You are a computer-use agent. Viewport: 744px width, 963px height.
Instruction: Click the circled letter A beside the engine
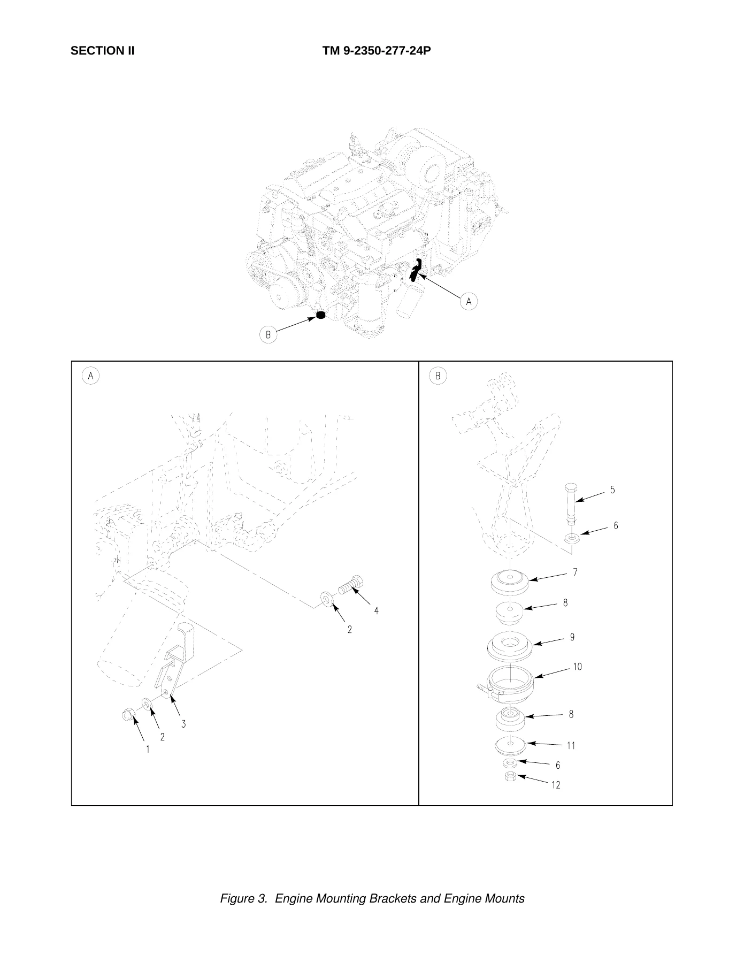pos(469,301)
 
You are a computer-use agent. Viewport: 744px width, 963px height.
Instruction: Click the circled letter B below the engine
pos(269,335)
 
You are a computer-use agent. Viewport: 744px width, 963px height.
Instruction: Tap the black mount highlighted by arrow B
pos(321,315)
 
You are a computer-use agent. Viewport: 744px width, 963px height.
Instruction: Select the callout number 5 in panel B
pos(612,490)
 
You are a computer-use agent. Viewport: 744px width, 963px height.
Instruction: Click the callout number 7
pos(575,572)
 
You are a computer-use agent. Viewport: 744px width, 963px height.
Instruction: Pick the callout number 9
pos(572,637)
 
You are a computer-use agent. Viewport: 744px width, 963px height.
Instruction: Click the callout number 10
pos(577,667)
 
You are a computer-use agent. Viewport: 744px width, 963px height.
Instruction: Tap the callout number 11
pos(571,745)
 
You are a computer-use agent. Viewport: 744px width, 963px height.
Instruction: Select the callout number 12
pos(556,785)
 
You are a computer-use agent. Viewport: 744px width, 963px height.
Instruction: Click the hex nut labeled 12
pos(510,777)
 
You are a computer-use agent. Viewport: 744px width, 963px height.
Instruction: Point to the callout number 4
pos(377,610)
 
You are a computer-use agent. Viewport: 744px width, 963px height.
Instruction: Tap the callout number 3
pos(183,724)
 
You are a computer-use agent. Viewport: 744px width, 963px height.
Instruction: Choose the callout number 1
pos(148,750)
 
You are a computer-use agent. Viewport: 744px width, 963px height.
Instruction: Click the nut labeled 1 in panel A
pos(128,714)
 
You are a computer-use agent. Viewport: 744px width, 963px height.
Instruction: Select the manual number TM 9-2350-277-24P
pos(377,51)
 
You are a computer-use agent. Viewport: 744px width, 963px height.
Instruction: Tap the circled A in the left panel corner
pos(90,376)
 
